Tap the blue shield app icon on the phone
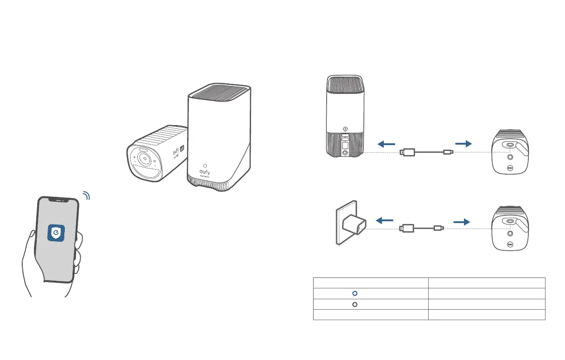coord(56,233)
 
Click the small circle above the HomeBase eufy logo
coord(206,165)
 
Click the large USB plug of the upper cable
coord(407,152)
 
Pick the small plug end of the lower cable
coord(438,229)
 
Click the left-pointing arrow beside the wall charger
coord(385,221)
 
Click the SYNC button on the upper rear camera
coord(510,169)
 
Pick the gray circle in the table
coord(355,304)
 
